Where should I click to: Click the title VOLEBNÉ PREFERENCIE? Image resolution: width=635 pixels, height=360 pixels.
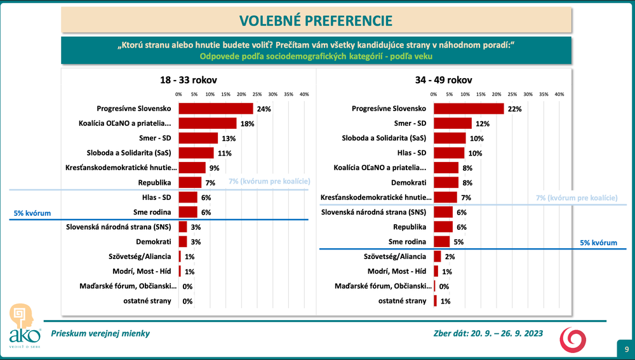click(315, 20)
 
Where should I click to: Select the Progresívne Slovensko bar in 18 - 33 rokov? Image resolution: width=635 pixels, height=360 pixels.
click(215, 109)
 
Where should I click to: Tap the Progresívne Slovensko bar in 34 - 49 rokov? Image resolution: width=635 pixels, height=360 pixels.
click(468, 109)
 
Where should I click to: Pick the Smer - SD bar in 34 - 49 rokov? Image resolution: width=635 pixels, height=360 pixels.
click(452, 123)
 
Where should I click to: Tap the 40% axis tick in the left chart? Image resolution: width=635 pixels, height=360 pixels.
click(304, 94)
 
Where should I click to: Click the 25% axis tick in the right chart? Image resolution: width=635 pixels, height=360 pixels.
click(512, 94)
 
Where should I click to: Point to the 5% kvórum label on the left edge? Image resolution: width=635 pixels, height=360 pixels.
click(32, 213)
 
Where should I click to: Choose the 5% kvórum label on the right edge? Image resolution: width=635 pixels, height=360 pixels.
click(599, 243)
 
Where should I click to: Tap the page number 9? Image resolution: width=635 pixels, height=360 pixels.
click(626, 349)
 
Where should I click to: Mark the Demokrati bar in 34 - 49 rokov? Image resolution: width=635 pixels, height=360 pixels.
click(446, 182)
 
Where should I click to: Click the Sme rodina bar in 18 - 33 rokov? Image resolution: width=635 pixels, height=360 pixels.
click(188, 212)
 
